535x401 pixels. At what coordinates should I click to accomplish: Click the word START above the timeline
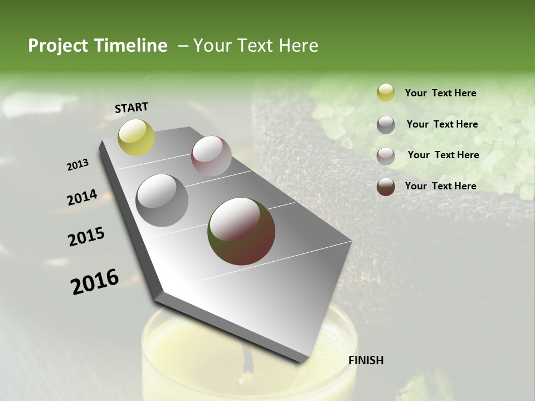click(132, 107)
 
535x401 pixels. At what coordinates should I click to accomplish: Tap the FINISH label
click(366, 360)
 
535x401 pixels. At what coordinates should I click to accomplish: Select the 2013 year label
click(77, 165)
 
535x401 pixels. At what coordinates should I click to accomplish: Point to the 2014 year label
click(82, 198)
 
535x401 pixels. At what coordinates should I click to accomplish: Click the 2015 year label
click(86, 237)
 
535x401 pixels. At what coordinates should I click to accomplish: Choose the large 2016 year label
click(95, 282)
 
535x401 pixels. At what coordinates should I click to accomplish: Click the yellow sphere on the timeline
click(136, 138)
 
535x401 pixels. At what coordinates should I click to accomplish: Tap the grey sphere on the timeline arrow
click(162, 200)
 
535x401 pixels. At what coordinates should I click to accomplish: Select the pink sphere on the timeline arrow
click(211, 156)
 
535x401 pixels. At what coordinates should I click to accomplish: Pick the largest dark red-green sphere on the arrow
click(241, 231)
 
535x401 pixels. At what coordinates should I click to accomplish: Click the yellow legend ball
click(386, 93)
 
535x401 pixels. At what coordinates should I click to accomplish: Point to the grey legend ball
click(386, 125)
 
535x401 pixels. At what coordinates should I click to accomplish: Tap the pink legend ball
click(386, 156)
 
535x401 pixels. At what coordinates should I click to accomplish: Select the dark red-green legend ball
click(386, 187)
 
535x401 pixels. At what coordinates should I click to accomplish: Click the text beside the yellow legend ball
click(440, 93)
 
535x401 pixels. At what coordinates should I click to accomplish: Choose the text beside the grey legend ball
click(442, 124)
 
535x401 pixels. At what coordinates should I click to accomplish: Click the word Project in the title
click(57, 46)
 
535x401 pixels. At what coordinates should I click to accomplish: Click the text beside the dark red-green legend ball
click(440, 186)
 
